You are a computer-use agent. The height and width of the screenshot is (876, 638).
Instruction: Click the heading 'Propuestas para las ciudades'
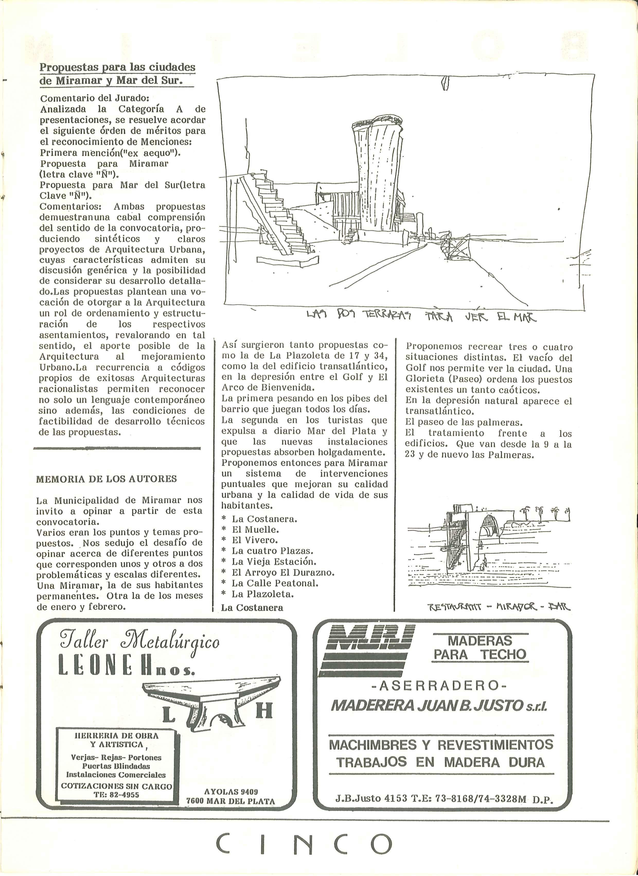(x=117, y=67)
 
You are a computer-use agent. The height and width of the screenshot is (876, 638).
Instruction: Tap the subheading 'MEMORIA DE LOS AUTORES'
(x=106, y=479)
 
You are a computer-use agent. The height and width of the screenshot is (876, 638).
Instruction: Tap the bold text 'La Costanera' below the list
(x=252, y=608)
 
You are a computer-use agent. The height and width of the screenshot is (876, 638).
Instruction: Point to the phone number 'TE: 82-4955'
(x=116, y=794)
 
